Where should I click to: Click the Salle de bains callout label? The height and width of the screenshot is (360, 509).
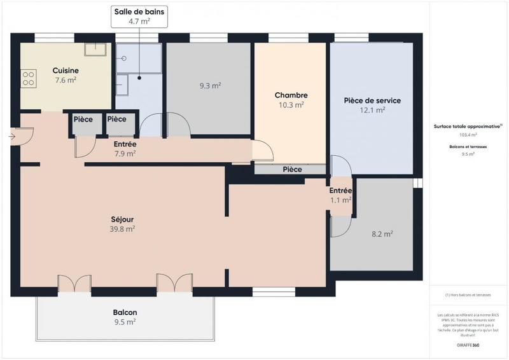point(139,16)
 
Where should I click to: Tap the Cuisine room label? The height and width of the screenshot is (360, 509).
point(66,70)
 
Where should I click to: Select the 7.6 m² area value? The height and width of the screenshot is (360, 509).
point(66,80)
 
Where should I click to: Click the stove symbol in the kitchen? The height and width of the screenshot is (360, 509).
point(29,78)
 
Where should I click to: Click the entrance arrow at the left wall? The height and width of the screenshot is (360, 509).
point(13,135)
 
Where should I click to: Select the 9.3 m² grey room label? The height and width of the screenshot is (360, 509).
point(210,85)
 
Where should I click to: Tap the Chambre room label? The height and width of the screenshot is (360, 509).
point(291,95)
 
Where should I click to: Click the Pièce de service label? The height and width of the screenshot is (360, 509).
point(372,100)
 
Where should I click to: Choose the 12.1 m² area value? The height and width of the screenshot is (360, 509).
point(372,110)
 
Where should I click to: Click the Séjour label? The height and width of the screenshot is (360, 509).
point(122,219)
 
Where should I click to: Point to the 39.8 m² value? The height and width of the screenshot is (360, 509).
point(122,229)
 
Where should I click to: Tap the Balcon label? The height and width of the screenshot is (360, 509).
point(125,312)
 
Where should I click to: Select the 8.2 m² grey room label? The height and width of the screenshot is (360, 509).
point(382,233)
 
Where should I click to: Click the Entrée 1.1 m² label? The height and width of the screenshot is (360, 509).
point(340,195)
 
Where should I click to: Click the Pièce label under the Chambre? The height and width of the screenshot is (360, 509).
point(292,170)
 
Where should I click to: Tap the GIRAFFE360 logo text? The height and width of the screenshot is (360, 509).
point(468,344)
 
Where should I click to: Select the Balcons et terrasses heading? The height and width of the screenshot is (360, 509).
point(468,147)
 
